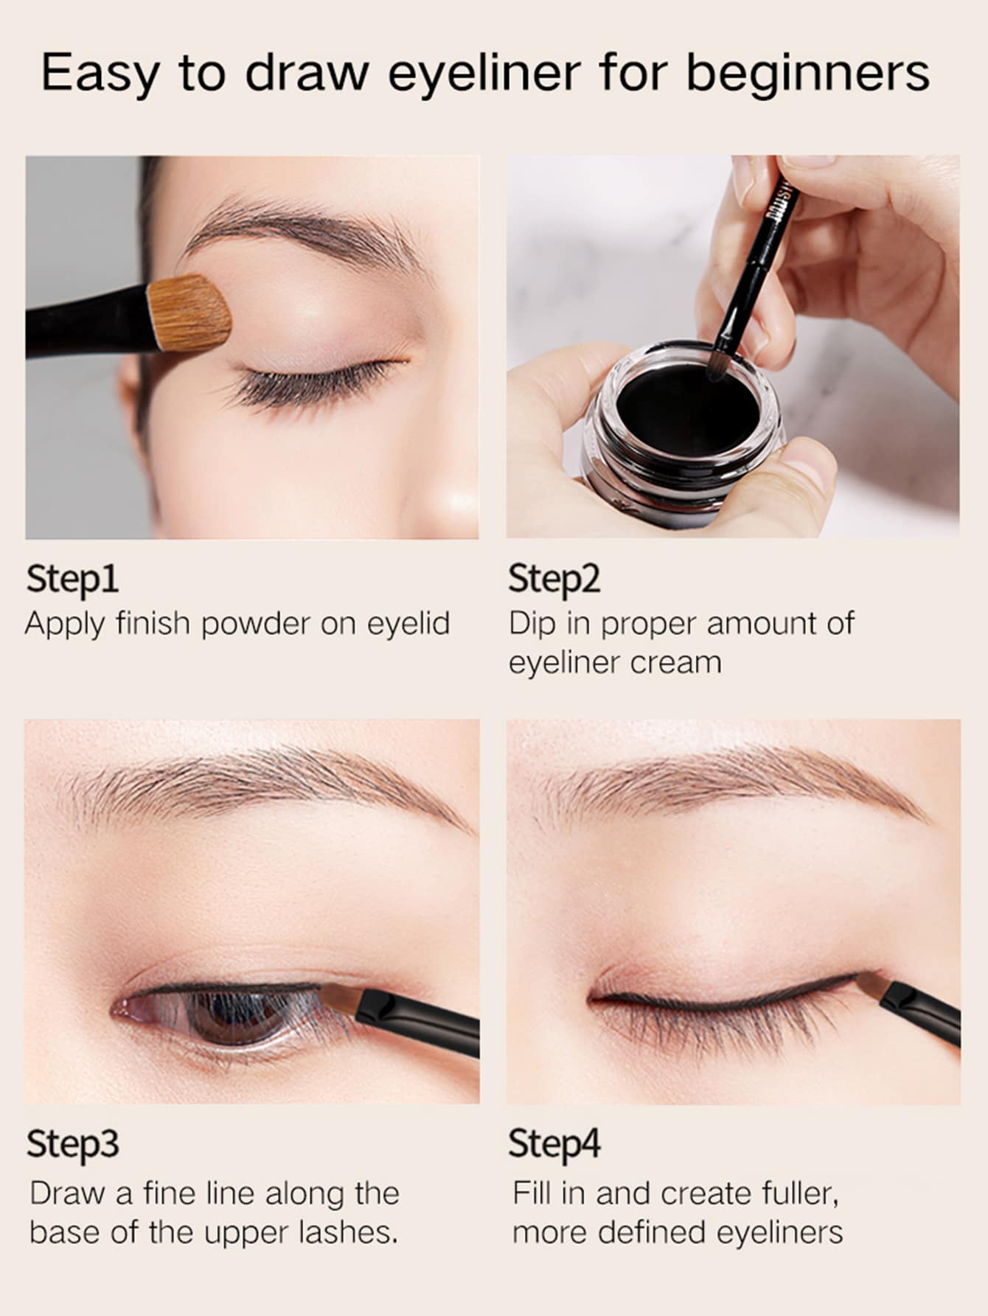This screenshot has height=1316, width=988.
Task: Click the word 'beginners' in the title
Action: pyautogui.click(x=807, y=74)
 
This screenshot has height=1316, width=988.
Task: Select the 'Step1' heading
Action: pyautogui.click(x=72, y=579)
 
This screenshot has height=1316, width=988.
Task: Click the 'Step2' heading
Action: pyautogui.click(x=554, y=579)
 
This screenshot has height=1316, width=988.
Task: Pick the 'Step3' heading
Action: pyautogui.click(x=72, y=1144)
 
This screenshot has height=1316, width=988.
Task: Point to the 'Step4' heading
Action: pyautogui.click(x=554, y=1144)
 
